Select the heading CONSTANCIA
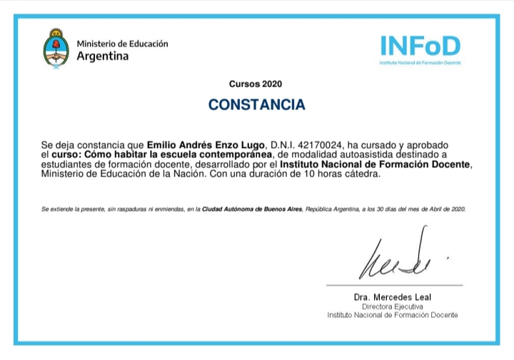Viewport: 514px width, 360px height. tap(256, 105)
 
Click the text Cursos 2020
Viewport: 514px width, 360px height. tap(256, 84)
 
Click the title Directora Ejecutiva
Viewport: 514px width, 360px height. tap(392, 306)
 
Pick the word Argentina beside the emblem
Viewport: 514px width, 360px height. tap(103, 56)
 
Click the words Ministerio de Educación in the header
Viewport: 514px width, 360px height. tap(122, 44)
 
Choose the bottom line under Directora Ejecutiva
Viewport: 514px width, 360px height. tap(392, 314)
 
